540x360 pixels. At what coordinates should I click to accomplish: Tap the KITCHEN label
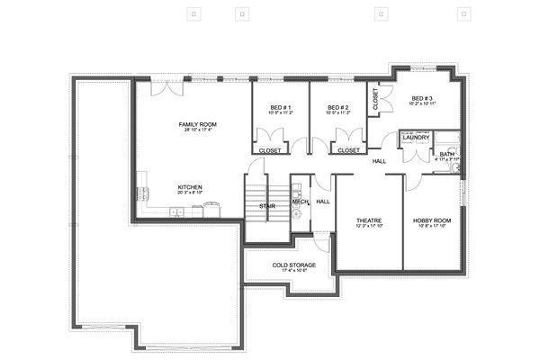point(190,187)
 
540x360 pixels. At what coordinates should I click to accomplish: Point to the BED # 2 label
point(338,108)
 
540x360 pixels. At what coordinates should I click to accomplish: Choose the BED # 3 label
point(423,97)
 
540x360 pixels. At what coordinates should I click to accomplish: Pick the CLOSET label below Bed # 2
point(349,150)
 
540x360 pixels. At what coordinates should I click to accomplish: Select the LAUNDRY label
point(415,138)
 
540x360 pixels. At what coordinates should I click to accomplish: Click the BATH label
point(447,154)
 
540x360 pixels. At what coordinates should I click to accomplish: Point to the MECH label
point(300,202)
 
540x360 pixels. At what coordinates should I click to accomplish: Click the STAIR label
point(267,206)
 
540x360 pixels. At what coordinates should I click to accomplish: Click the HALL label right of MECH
point(323,202)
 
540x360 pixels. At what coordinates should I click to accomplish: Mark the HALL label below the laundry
point(380,161)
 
